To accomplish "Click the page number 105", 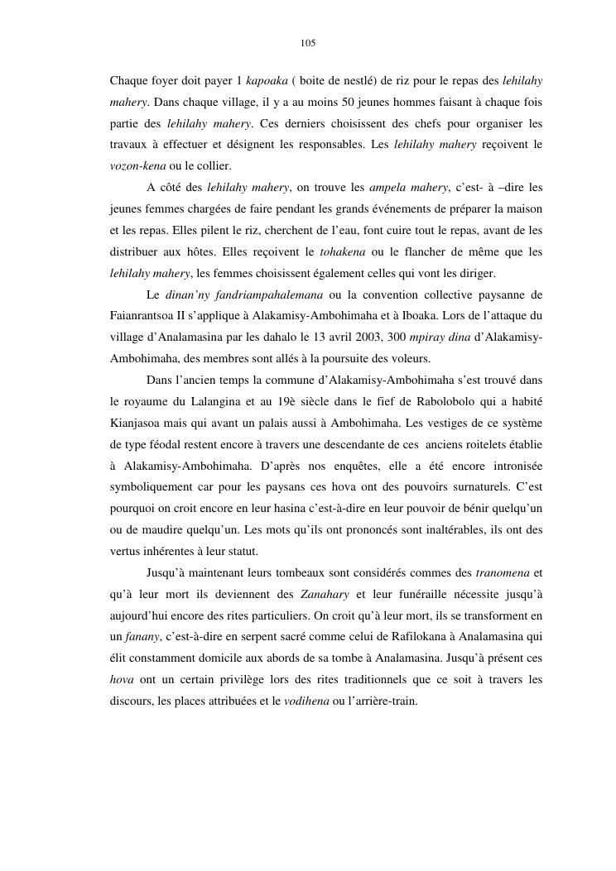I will [x=308, y=43].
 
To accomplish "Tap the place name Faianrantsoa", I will [x=143, y=316].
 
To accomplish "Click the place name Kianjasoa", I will [x=137, y=424].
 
